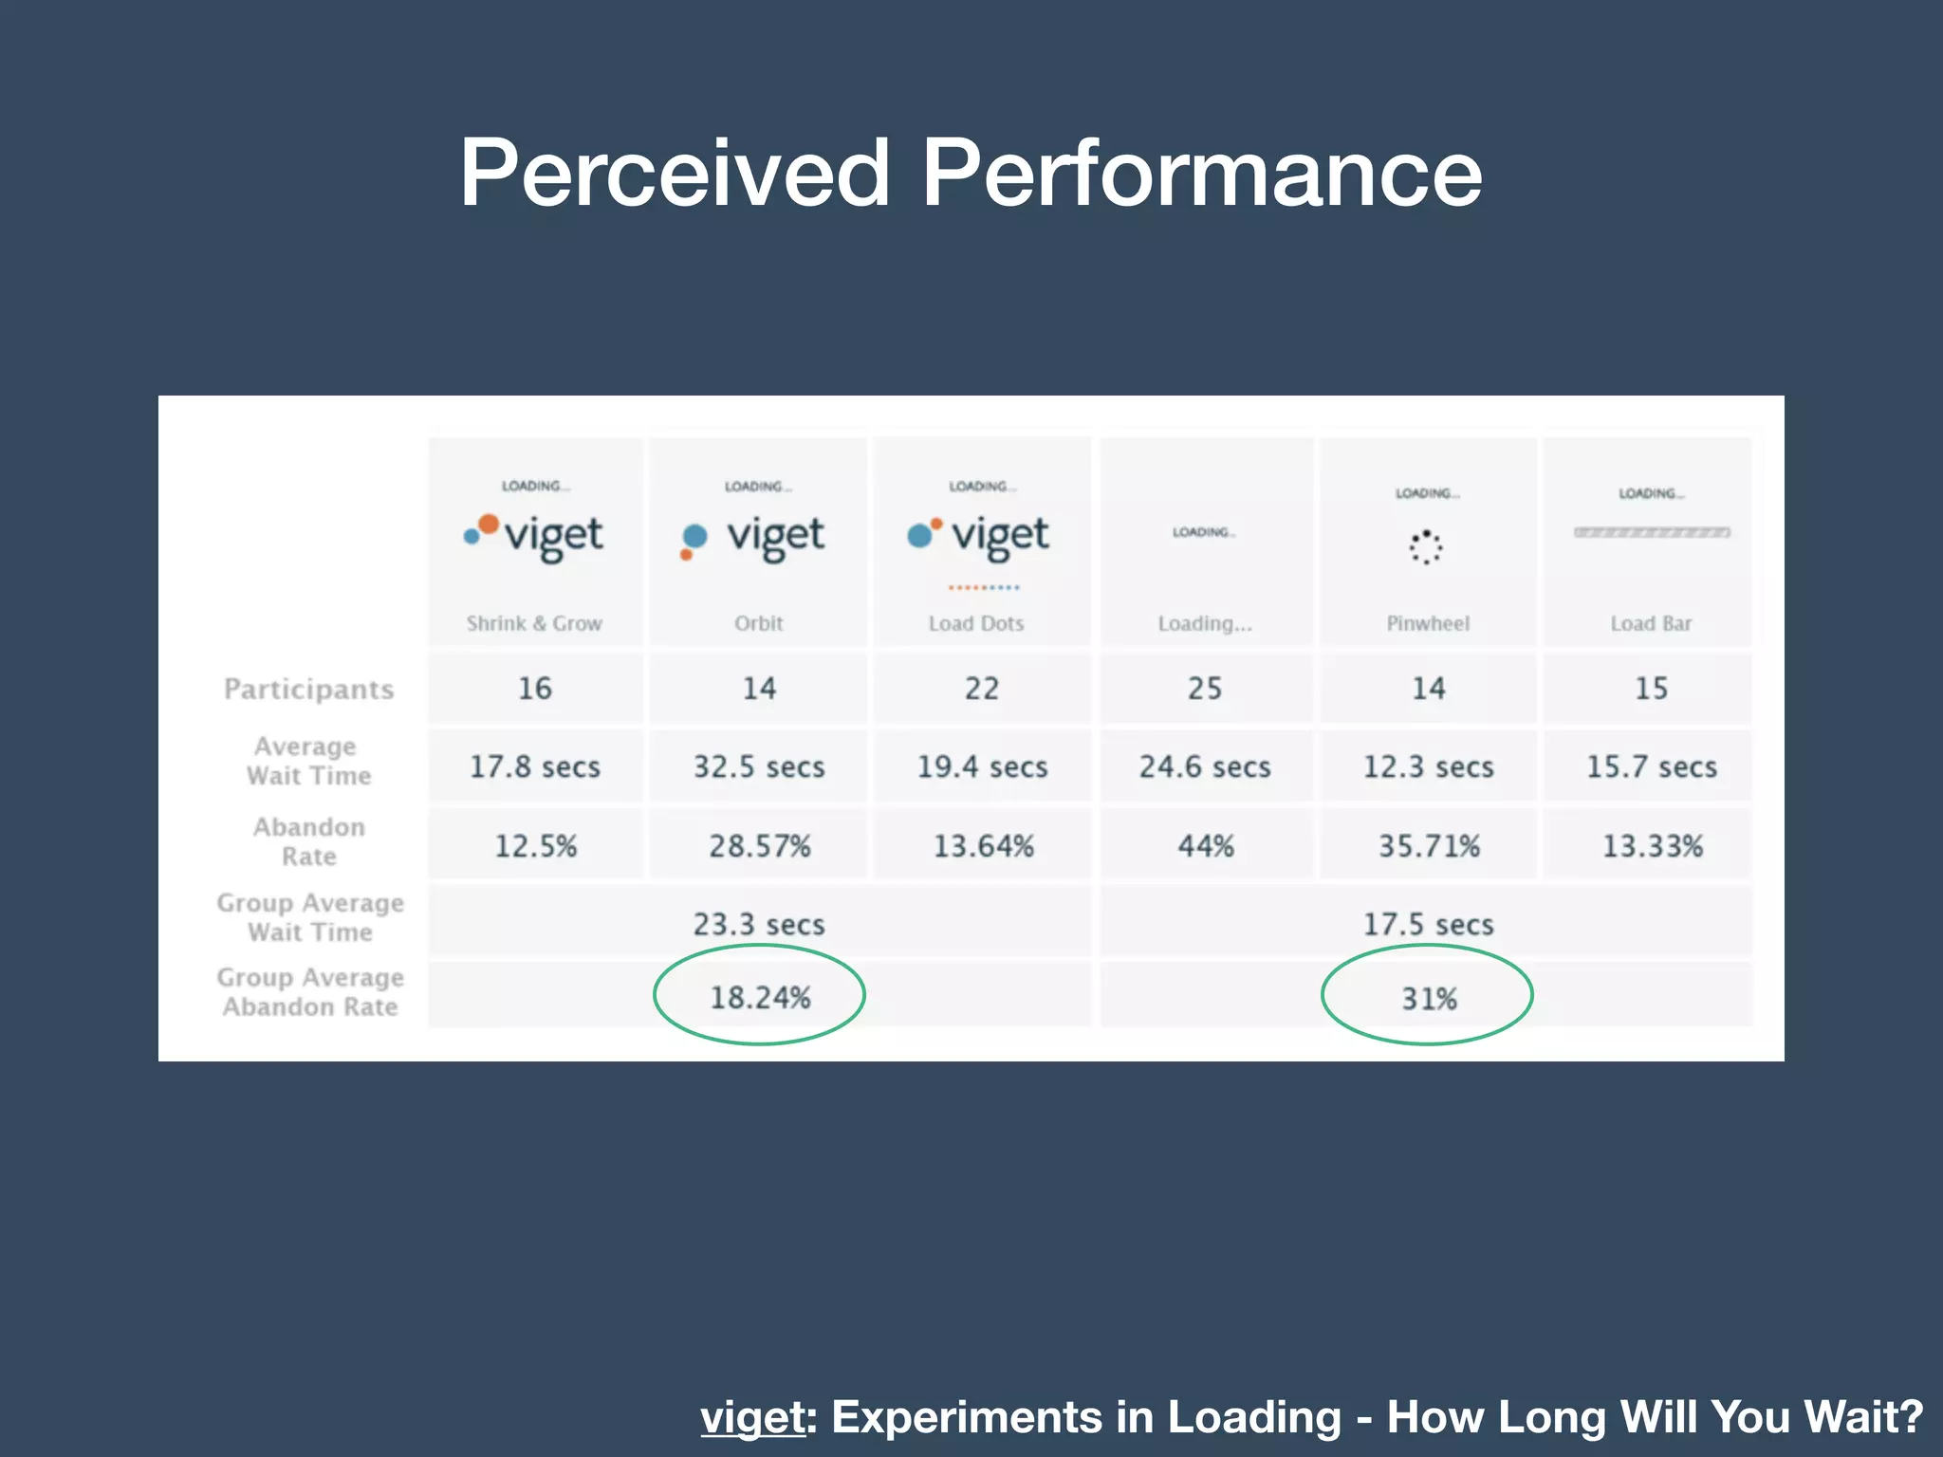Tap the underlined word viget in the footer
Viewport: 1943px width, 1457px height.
coord(752,1417)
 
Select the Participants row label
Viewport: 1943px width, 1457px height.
coord(308,689)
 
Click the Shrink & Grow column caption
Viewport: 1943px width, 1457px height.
coord(534,623)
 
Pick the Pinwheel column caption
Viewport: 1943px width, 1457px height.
coord(1428,623)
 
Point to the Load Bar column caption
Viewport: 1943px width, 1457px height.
coord(1651,623)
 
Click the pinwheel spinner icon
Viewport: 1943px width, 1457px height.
coord(1426,547)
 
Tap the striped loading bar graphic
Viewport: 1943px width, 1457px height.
coord(1652,532)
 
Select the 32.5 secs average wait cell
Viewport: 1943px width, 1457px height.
coord(759,766)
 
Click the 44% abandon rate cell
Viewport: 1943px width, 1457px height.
coord(1206,845)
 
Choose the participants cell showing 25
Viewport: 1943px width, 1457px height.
coord(1205,688)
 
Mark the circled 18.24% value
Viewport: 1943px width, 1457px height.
coord(760,997)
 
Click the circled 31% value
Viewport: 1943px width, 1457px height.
coord(1429,998)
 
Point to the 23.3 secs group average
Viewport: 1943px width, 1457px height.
coord(759,924)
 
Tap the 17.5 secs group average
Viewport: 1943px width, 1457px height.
coord(1429,924)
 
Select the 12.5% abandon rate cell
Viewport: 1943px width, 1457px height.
coord(535,845)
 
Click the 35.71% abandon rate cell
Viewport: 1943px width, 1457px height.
coord(1429,845)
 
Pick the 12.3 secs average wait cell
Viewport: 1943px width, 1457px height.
coord(1429,766)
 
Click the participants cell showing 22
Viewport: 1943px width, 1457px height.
coord(982,688)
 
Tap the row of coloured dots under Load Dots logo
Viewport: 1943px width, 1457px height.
coord(984,587)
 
